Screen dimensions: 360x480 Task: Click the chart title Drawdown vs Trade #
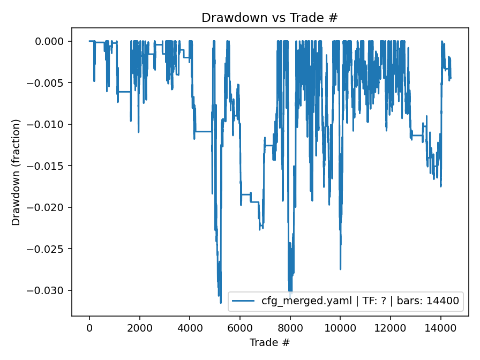click(269, 18)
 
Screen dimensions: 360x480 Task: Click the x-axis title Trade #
click(269, 342)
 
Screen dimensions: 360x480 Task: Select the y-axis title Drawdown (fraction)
click(16, 172)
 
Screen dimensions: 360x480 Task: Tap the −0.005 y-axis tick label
click(49, 83)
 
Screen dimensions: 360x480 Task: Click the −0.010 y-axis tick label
click(49, 124)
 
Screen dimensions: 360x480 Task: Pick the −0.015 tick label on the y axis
click(49, 166)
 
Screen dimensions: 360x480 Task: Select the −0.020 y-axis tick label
click(49, 207)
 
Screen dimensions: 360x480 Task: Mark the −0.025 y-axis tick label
click(49, 249)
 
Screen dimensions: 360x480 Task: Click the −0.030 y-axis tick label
click(49, 290)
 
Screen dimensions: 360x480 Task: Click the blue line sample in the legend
click(244, 301)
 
